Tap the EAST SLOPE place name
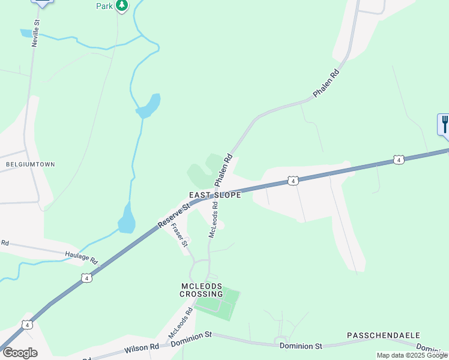point(215,195)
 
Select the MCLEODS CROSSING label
point(202,289)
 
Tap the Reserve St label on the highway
point(173,215)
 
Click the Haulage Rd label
point(81,258)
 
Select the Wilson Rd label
point(142,347)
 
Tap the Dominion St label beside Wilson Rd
point(191,340)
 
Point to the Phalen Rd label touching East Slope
point(223,171)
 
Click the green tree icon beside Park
point(122,5)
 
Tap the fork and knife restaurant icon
point(444,124)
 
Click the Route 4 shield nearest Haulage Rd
point(86,278)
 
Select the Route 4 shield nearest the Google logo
point(27,325)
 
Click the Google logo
point(20,353)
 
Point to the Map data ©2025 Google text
point(412,355)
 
